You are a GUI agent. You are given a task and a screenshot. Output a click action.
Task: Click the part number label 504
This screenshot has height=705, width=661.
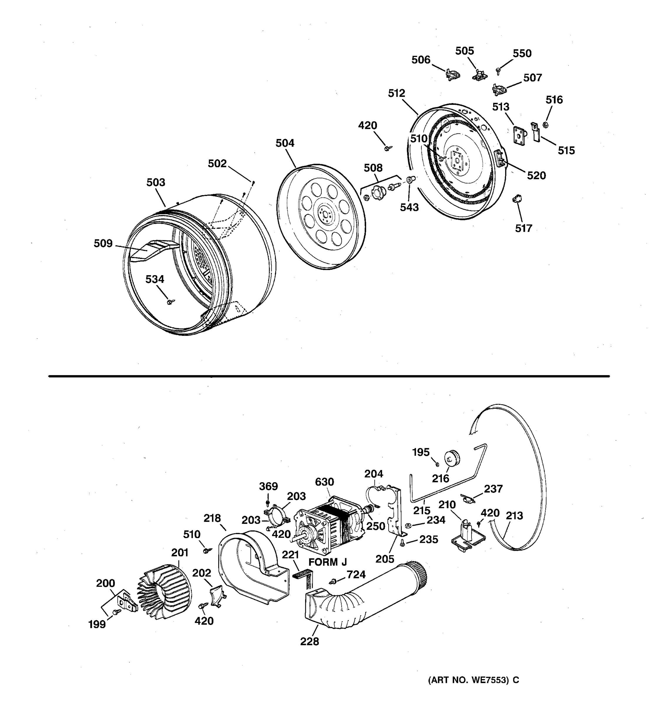(285, 143)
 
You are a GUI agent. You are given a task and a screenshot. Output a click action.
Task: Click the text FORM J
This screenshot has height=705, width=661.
(327, 562)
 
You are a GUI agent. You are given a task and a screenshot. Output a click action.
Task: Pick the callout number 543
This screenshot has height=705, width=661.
(409, 207)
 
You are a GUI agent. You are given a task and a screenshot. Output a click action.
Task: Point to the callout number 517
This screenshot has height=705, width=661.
(524, 228)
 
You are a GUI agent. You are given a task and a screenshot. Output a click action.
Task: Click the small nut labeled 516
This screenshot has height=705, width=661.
(546, 125)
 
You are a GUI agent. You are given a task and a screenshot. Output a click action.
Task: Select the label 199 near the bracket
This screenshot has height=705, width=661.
(97, 625)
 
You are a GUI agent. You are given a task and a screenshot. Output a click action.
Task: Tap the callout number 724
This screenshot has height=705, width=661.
(356, 575)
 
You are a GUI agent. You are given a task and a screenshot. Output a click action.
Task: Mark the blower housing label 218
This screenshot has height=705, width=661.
(212, 518)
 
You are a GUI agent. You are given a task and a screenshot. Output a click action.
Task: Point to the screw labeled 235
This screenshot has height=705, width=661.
(402, 543)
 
